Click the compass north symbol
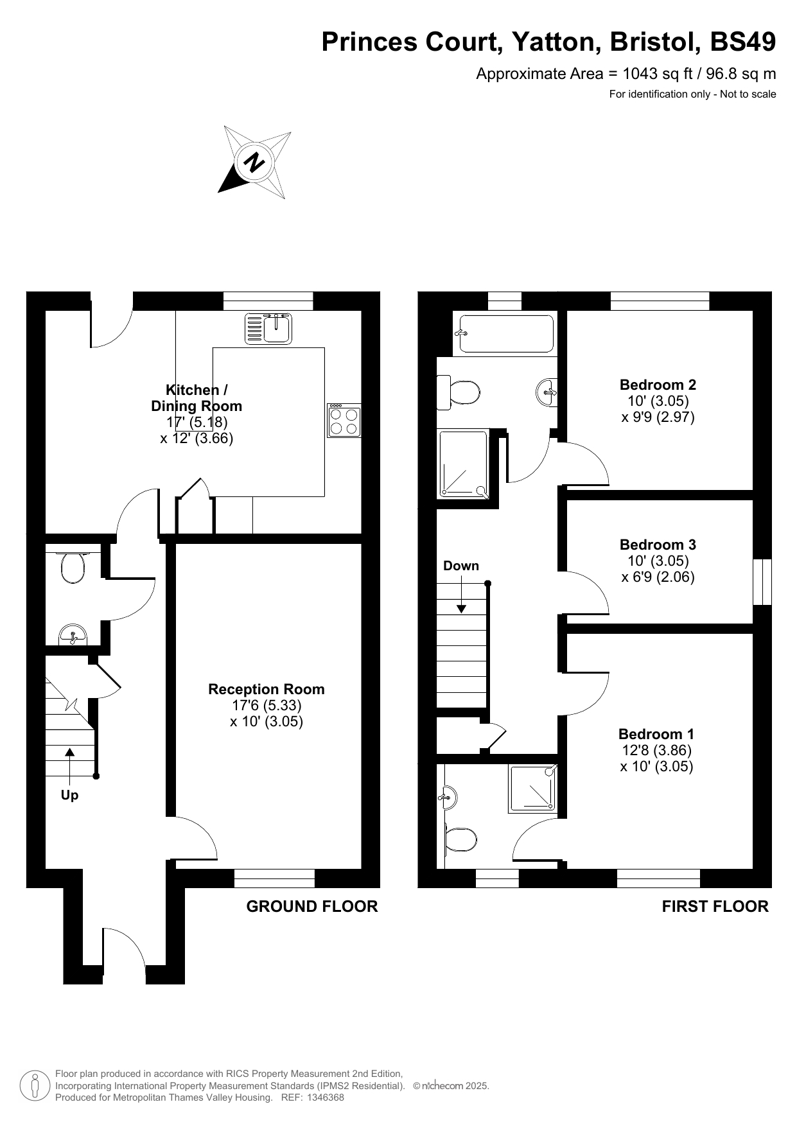[x=254, y=162]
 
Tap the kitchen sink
[x=268, y=328]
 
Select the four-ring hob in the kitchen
[x=344, y=421]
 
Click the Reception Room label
[x=267, y=689]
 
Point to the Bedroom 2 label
[x=658, y=385]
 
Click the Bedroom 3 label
[x=658, y=545]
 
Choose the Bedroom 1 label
[x=656, y=734]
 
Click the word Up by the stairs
[x=69, y=795]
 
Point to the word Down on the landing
[x=461, y=566]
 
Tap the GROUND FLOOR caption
[x=312, y=906]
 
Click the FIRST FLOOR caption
[x=715, y=906]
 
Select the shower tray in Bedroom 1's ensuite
[x=532, y=789]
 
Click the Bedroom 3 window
[x=762, y=582]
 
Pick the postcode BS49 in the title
[x=743, y=42]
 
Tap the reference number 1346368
[x=326, y=1097]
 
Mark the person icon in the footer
[x=35, y=1085]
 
